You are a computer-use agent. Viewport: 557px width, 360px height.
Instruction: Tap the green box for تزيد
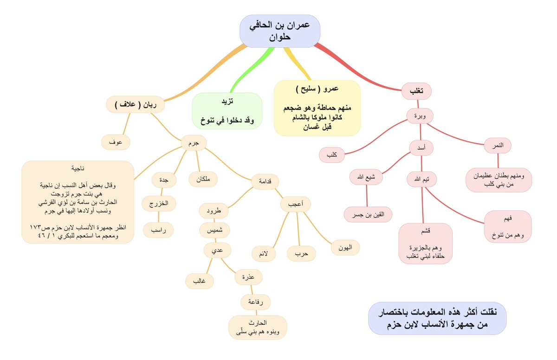point(227,111)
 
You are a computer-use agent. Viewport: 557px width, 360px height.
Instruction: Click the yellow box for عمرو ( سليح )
point(317,108)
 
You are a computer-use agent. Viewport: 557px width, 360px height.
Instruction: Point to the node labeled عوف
point(116,142)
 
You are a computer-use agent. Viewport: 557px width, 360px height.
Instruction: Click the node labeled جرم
point(194,143)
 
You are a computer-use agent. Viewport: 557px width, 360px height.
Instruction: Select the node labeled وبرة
point(420,116)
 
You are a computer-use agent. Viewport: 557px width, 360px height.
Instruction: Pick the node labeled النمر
point(497,145)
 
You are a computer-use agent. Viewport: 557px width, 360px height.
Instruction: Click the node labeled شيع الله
point(367,177)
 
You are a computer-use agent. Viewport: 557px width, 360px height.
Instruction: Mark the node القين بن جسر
point(368,214)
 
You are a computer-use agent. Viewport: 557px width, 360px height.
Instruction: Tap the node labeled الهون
point(345,248)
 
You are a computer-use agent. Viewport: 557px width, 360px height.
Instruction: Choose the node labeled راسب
point(158,230)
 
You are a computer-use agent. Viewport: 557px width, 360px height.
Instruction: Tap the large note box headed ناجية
point(78,202)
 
